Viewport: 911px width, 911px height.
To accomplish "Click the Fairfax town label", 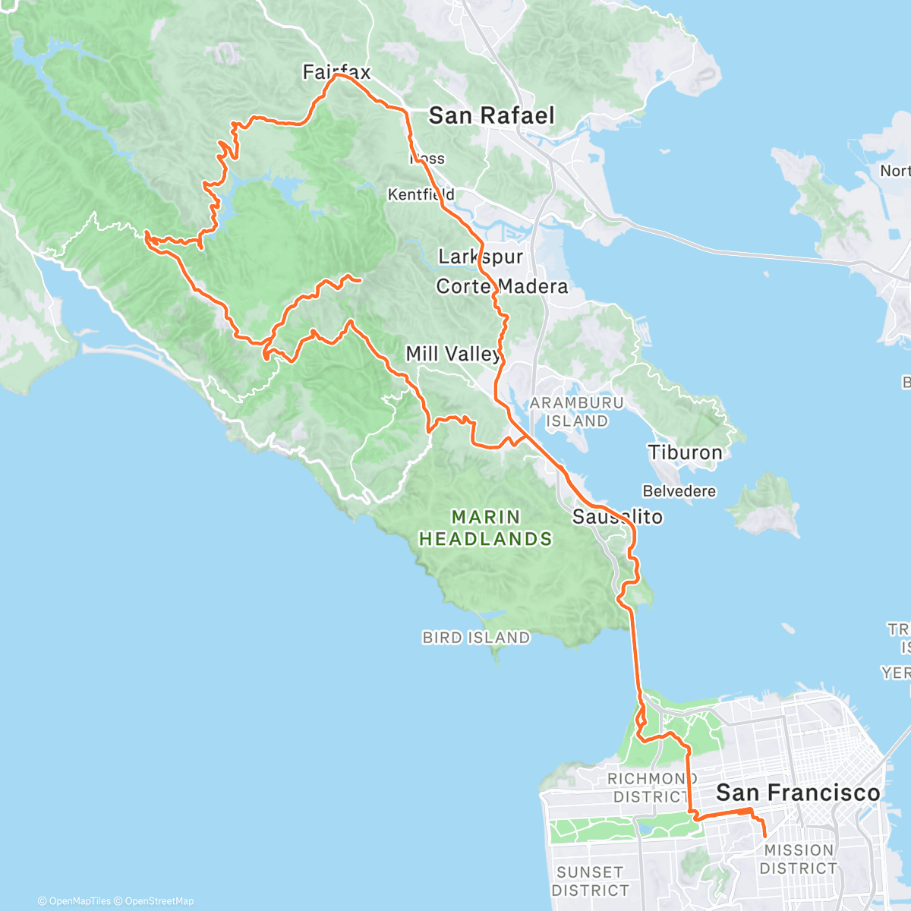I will coord(336,72).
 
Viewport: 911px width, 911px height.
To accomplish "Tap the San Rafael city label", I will coord(491,115).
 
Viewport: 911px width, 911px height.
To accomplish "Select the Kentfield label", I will coord(421,194).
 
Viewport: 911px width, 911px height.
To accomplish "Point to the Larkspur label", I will coord(481,256).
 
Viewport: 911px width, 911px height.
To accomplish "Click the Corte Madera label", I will coord(502,286).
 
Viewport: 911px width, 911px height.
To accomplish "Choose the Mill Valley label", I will coord(453,353).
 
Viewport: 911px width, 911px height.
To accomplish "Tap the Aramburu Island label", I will coord(576,411).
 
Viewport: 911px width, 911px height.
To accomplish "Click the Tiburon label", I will coord(685,452).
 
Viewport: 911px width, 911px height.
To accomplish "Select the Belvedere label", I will coord(679,491).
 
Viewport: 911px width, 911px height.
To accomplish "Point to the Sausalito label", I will coord(617,517).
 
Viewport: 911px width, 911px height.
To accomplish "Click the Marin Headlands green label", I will coord(486,528).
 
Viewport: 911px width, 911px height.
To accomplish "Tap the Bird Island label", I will coord(476,638).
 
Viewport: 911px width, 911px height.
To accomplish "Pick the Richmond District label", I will coord(651,787).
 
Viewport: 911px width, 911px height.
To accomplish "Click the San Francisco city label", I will coord(798,793).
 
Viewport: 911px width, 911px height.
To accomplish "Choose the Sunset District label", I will coord(590,881).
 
